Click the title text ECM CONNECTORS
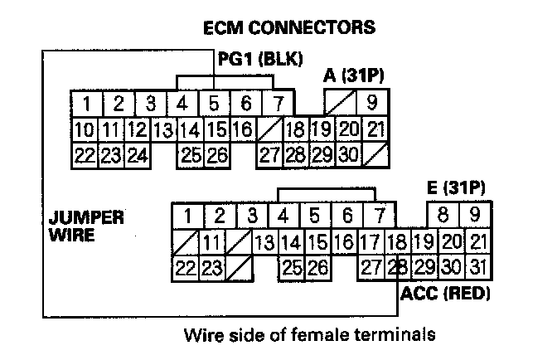(288, 27)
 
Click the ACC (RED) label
(445, 294)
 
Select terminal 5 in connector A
(213, 105)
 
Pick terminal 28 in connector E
(400, 268)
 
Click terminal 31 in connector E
(475, 268)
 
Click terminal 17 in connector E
(370, 243)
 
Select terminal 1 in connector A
(86, 105)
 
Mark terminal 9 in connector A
(372, 105)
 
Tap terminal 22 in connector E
(185, 268)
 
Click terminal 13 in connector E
(264, 243)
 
